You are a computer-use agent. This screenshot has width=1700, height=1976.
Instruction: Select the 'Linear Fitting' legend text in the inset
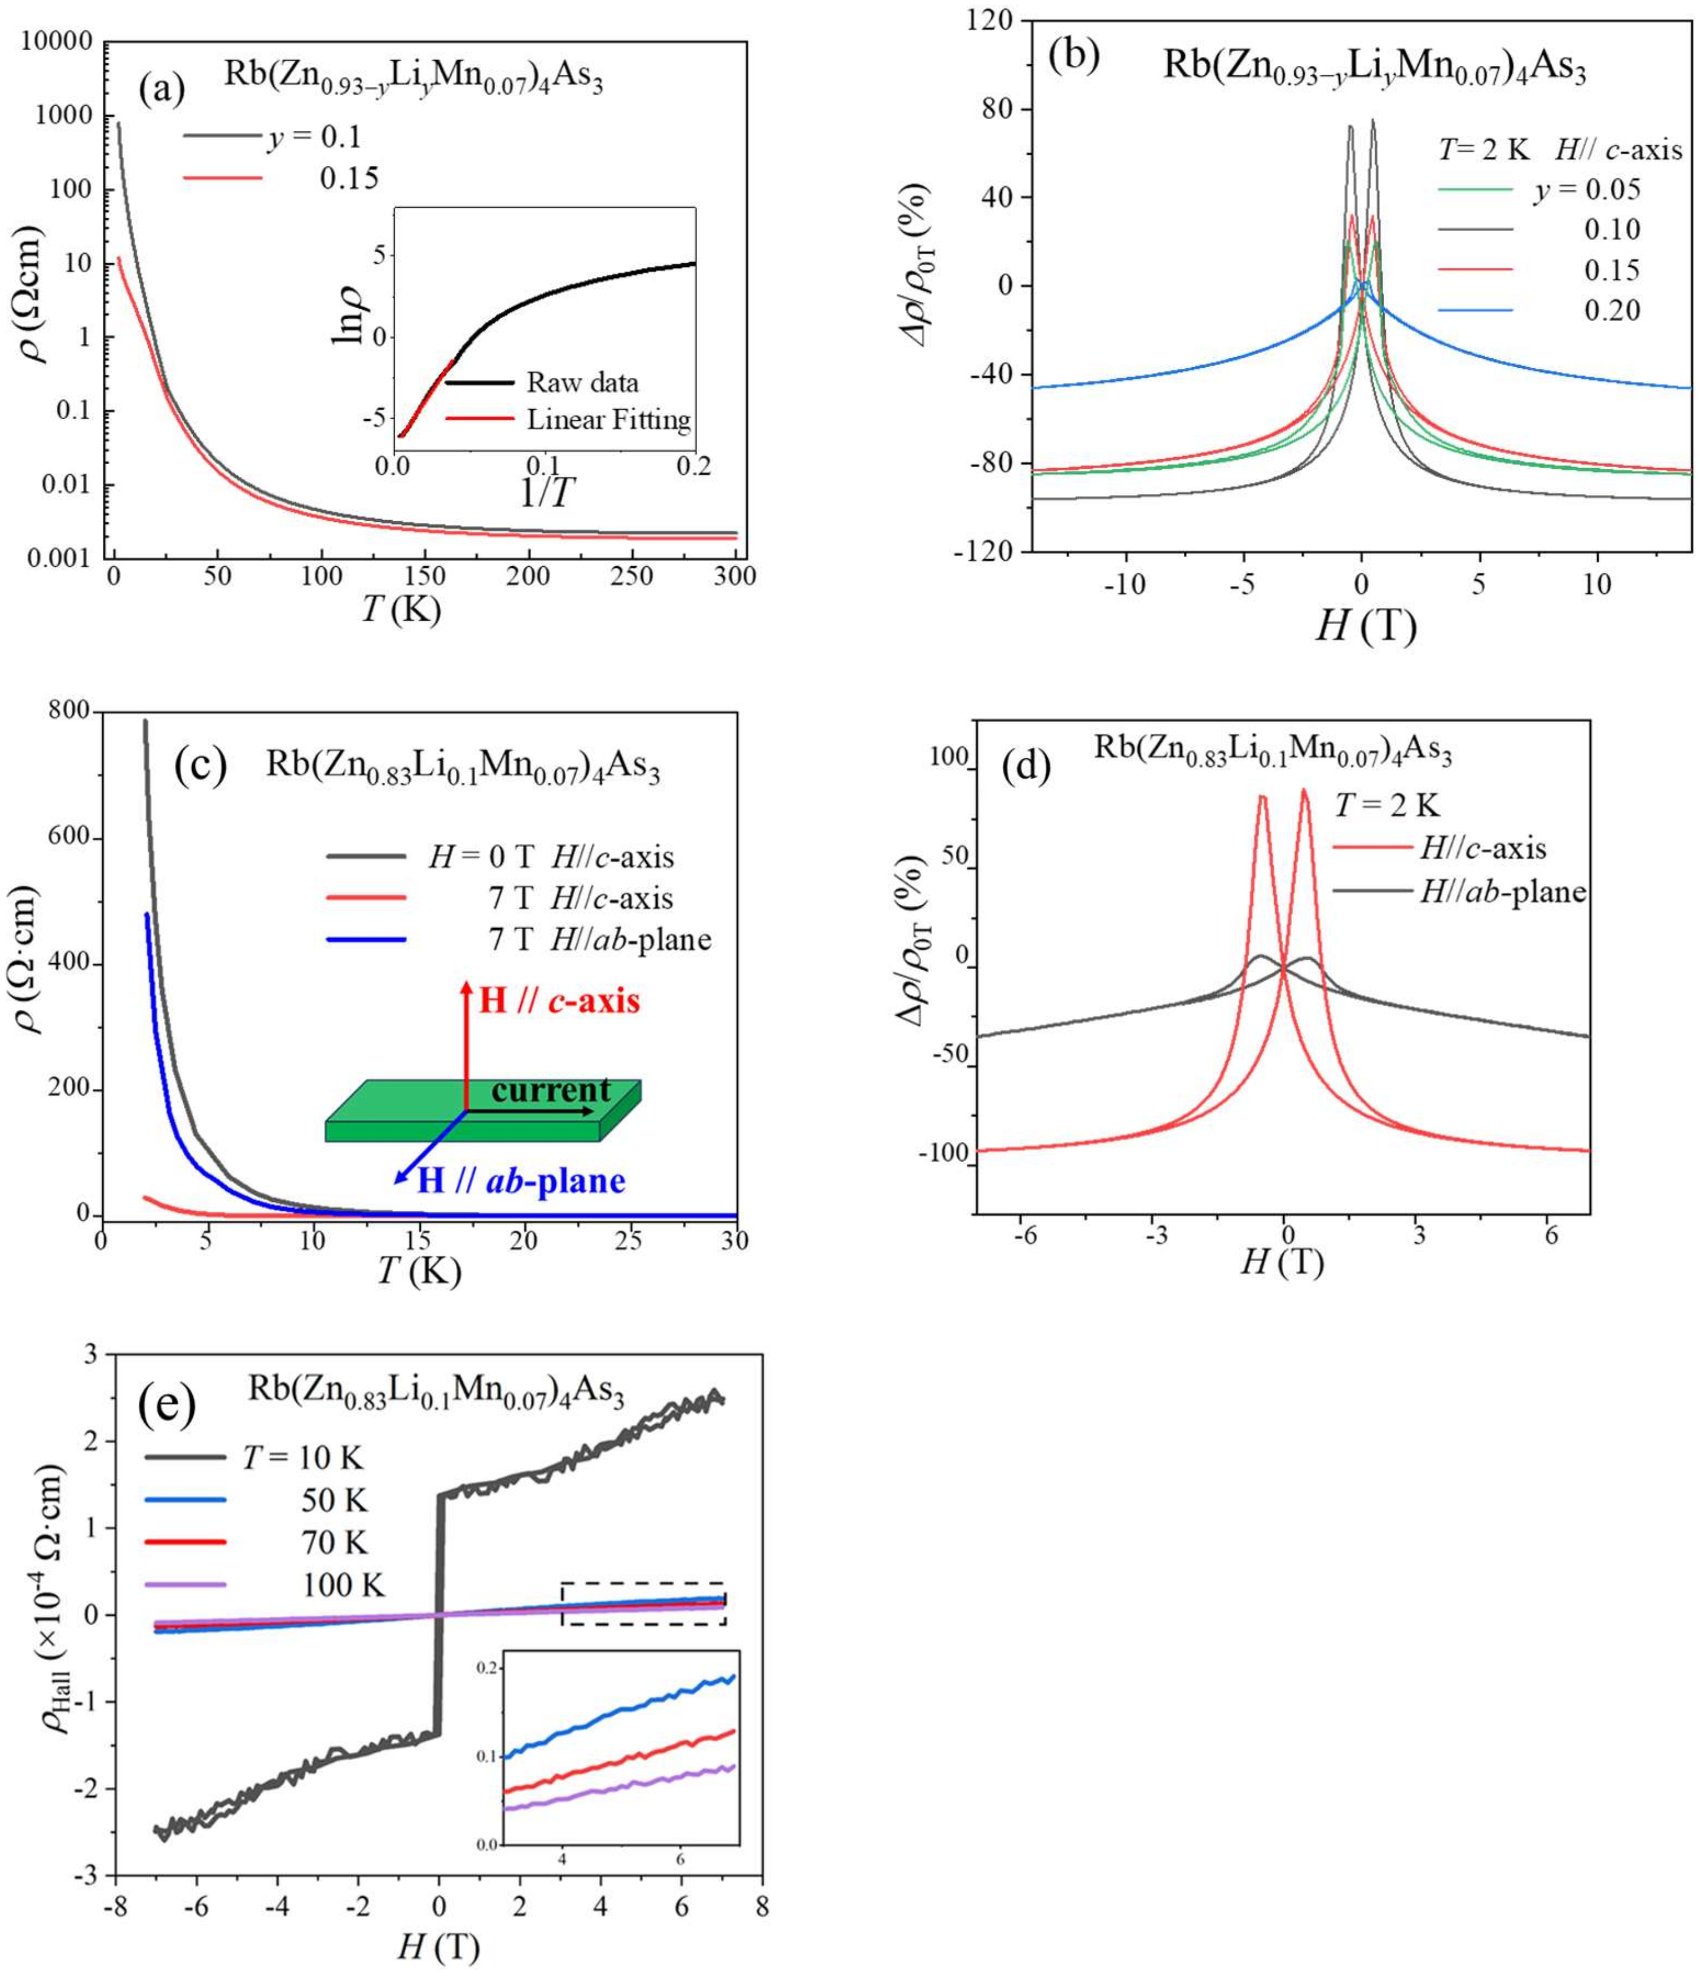coord(609,420)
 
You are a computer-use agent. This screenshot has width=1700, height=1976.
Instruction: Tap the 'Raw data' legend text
coord(582,382)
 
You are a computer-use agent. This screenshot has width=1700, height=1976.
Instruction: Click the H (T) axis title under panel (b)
coord(1365,628)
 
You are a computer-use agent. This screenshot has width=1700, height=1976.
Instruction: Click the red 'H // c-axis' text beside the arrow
coord(559,1001)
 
